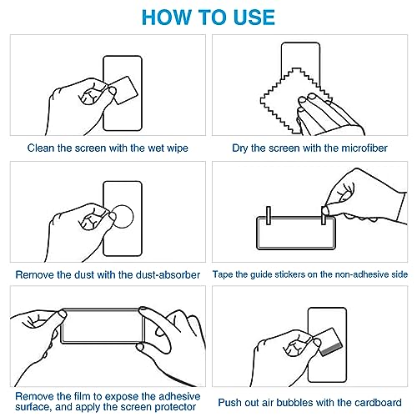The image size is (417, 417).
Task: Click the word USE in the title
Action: click(x=254, y=18)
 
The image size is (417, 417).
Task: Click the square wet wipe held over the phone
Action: click(x=123, y=91)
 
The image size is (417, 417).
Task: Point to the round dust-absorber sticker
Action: click(x=123, y=217)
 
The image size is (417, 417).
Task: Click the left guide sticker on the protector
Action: click(x=269, y=215)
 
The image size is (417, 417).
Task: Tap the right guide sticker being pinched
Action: click(x=324, y=215)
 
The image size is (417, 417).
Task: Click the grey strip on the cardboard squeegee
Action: click(x=331, y=349)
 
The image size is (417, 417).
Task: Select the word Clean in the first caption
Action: click(x=41, y=148)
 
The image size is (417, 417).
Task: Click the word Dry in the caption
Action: click(x=240, y=148)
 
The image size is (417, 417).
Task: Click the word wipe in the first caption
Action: click(x=178, y=148)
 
